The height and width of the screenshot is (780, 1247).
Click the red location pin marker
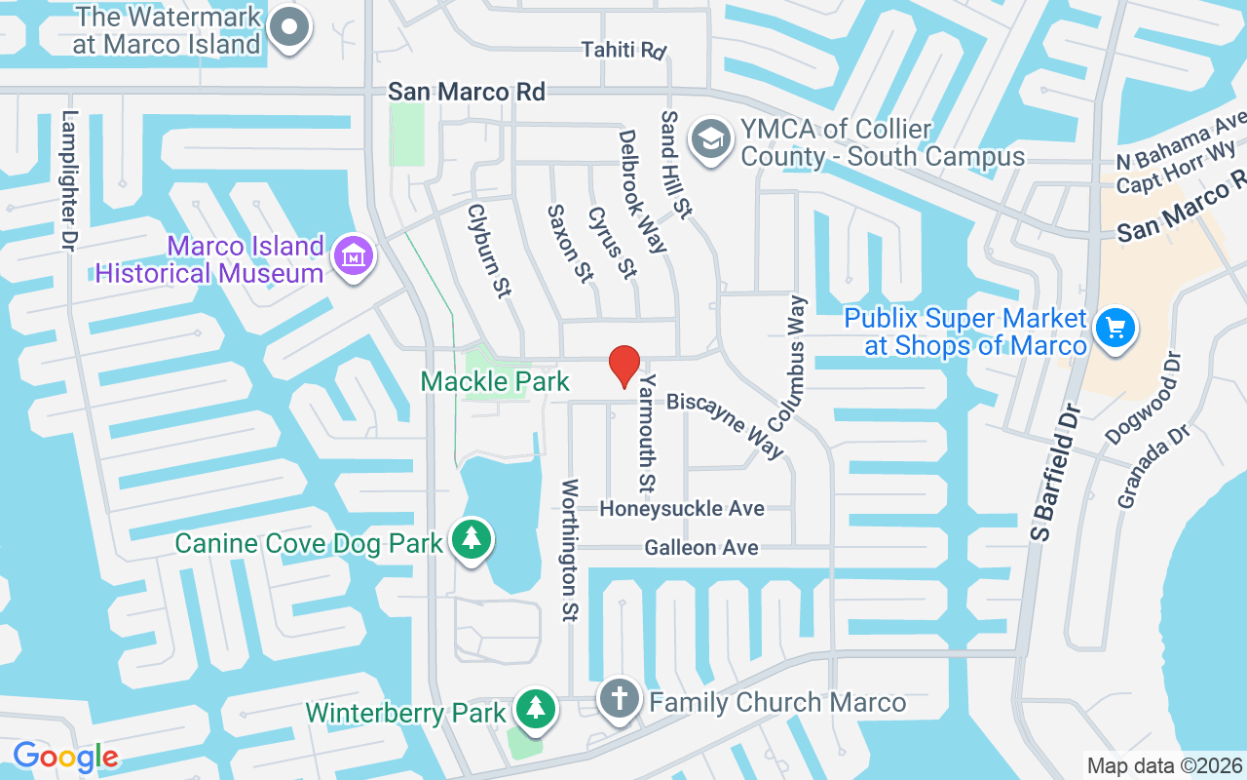tap(623, 366)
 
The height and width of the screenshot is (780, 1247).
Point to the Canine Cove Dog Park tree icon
tap(472, 538)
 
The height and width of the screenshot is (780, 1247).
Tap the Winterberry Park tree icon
tap(535, 709)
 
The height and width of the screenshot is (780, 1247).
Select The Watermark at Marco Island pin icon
tap(289, 27)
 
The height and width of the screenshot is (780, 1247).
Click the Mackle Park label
tap(495, 380)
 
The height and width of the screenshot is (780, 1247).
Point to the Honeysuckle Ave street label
tap(682, 509)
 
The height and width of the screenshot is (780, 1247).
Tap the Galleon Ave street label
tap(701, 548)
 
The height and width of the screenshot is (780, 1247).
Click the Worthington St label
tap(570, 550)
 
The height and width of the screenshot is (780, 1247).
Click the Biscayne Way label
tap(726, 424)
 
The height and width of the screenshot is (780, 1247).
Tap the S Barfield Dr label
tap(1056, 472)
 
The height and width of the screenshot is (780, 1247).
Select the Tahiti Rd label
tap(623, 49)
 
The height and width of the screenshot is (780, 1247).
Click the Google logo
tap(65, 756)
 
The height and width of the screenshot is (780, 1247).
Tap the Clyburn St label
tap(489, 251)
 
